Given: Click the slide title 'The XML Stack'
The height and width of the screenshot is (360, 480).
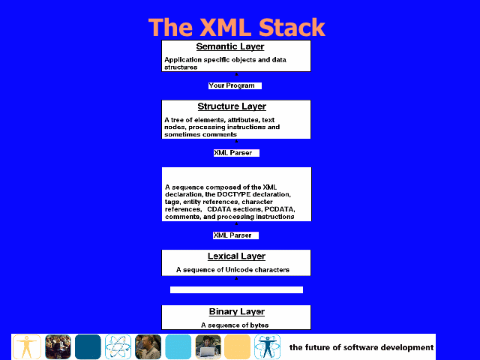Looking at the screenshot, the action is pos(237,28).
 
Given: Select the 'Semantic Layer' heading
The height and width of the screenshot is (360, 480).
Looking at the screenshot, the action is pos(230,46).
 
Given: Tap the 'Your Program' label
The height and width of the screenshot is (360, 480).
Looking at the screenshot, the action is pos(232,85).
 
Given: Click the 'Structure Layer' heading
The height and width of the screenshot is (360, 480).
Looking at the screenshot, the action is pos(232,106).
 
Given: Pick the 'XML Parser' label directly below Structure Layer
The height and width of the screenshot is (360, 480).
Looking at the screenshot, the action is pos(233,153).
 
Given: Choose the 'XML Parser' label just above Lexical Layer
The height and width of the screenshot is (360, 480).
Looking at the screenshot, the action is pos(232,235).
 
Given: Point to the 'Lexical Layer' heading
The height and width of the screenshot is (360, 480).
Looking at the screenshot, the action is pos(237,256).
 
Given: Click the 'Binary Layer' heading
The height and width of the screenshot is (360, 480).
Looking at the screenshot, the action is pos(237,312).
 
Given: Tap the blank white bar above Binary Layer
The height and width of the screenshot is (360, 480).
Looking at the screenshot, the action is pos(237,290).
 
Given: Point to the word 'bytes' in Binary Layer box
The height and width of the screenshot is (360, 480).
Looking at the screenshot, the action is pos(259,325).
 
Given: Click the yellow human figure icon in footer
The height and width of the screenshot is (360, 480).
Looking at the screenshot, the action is pos(27,346).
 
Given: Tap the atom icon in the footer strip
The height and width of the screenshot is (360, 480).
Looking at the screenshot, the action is pos(118,346).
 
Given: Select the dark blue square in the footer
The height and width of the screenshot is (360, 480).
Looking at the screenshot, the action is pos(88,346).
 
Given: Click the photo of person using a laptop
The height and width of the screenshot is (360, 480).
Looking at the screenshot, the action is pos(208,346).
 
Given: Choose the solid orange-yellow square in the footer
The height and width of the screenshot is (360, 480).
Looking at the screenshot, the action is pos(237,346).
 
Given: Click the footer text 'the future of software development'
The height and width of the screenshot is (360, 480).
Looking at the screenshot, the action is pos(361,347).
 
